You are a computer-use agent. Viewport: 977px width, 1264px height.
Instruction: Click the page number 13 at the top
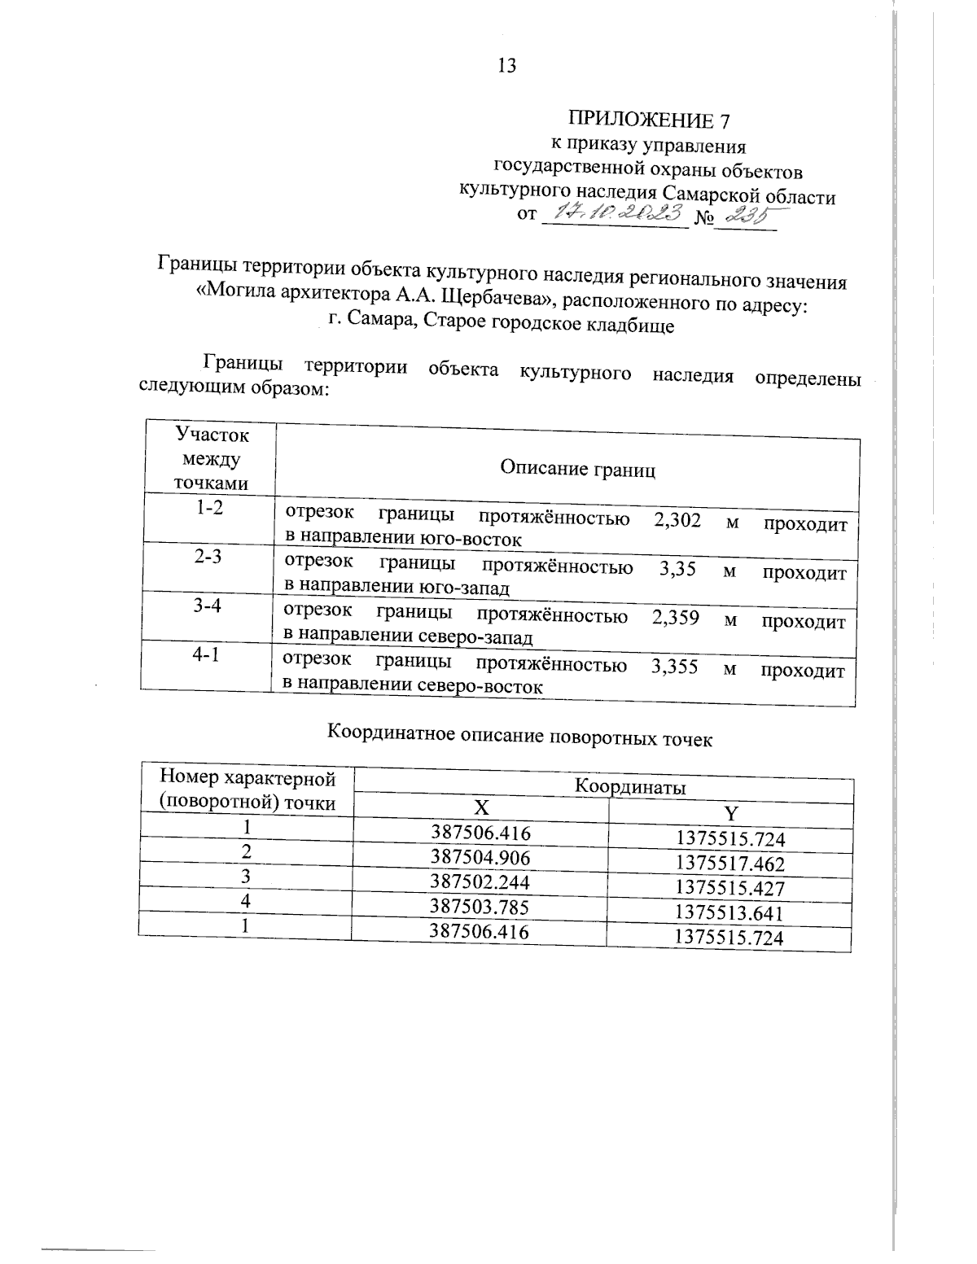506,66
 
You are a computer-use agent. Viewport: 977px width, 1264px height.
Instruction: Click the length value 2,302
677,521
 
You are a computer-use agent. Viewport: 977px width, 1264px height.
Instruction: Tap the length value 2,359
676,617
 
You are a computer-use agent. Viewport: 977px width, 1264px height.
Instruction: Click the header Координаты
631,787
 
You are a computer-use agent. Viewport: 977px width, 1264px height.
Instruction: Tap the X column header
482,807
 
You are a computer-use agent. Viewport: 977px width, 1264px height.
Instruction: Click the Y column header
730,813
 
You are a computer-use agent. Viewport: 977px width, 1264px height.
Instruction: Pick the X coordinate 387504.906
480,857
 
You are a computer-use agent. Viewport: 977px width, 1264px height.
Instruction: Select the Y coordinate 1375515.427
729,888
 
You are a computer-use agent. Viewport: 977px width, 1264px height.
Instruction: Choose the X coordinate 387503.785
480,907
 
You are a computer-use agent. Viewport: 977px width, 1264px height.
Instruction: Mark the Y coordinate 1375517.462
730,864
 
